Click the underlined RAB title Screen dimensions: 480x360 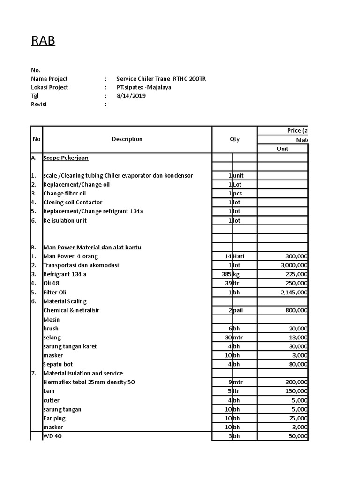(x=43, y=41)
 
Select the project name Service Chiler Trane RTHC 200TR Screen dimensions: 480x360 (x=161, y=79)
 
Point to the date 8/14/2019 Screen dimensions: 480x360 (x=131, y=96)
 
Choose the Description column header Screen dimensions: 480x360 (x=127, y=139)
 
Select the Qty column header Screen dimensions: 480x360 (x=234, y=139)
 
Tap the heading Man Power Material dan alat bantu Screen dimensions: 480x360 (x=92, y=247)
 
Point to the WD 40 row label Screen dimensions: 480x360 (x=52, y=436)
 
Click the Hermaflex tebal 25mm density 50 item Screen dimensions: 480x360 (x=89, y=382)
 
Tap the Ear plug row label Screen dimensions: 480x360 (x=54, y=418)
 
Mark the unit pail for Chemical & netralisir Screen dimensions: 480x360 (x=239, y=310)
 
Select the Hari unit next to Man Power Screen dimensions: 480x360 (x=240, y=256)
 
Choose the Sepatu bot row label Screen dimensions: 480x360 (x=58, y=364)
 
